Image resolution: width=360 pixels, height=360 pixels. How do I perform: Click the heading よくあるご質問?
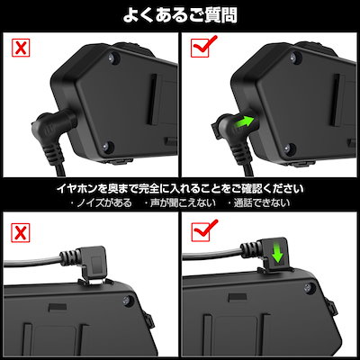[x=180, y=15]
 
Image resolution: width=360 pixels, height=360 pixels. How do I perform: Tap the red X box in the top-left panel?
[x=21, y=48]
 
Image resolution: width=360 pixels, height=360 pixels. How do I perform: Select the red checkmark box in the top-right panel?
[x=202, y=46]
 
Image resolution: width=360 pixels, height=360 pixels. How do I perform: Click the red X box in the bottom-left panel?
[x=21, y=233]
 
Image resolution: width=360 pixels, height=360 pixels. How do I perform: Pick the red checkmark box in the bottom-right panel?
[x=202, y=231]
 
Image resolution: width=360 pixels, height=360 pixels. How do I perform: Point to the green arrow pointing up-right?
[x=244, y=123]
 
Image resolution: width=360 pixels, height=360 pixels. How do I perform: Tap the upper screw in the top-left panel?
[x=113, y=58]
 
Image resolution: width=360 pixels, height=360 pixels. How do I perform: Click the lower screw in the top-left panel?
[x=106, y=146]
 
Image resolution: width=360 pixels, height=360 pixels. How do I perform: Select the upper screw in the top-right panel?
[x=293, y=57]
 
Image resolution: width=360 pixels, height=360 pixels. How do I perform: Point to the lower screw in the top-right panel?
[x=289, y=148]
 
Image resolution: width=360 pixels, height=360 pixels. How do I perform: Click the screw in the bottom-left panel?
[x=128, y=300]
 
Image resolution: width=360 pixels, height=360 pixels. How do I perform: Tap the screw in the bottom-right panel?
[x=310, y=288]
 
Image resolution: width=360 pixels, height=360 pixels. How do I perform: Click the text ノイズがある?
[x=101, y=203]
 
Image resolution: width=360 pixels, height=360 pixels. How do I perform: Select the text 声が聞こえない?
[x=179, y=203]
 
